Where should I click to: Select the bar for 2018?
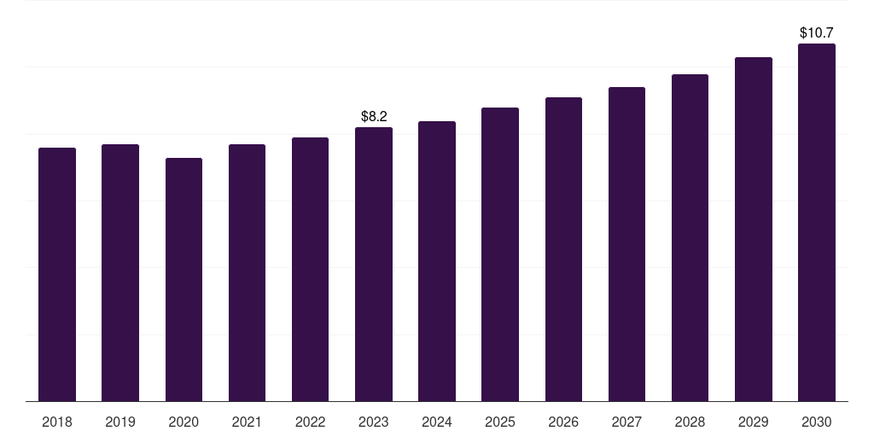pos(57,274)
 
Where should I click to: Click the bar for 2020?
pos(184,279)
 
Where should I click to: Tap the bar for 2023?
pos(374,265)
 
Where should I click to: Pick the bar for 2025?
pos(500,254)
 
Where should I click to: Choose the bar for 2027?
pos(626,244)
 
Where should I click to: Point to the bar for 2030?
pos(817,223)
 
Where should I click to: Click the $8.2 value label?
pos(374,116)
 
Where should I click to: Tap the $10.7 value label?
pos(817,33)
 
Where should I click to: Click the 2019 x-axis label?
pos(120,422)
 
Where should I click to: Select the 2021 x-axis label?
pos(247,422)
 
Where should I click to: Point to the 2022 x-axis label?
pos(310,422)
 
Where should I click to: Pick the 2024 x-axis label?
pos(437,422)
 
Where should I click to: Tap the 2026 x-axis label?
pos(563,422)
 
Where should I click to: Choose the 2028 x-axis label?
pos(690,422)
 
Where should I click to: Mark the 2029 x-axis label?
pos(754,422)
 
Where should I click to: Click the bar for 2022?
pos(310,269)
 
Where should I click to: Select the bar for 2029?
pos(754,229)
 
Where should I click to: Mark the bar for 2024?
pos(437,261)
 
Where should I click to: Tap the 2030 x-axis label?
pos(817,422)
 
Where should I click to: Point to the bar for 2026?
pos(563,249)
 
